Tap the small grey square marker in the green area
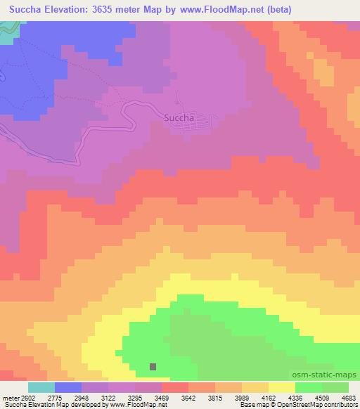point(153,366)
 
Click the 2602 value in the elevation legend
point(28,398)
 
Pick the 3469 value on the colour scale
point(162,398)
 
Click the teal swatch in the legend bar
point(41,387)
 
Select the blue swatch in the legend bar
point(68,387)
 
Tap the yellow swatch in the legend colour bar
point(281,387)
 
